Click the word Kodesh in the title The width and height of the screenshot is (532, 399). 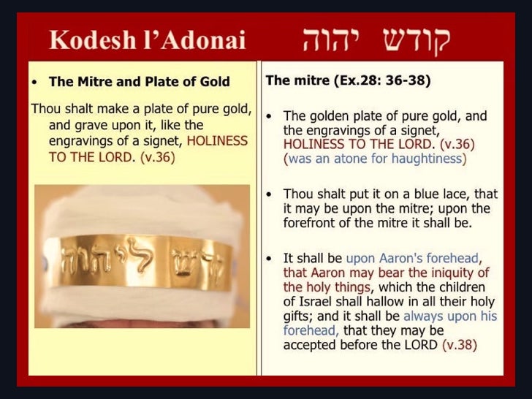pos(92,40)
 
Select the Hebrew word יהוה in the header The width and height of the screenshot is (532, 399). pos(327,40)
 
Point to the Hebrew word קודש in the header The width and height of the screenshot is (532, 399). pos(417,42)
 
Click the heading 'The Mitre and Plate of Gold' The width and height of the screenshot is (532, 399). pos(139,81)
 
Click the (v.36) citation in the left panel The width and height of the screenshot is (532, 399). pos(157,157)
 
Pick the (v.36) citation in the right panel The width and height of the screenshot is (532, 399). pos(457,144)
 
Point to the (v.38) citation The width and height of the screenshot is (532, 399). pos(460,345)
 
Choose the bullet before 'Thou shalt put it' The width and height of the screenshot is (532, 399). pos(269,194)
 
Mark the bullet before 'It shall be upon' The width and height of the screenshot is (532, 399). pos(269,259)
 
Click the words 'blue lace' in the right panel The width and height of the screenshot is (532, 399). pos(441,194)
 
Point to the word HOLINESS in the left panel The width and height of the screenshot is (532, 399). pos(217,141)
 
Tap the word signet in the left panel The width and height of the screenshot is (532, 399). pos(162,142)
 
